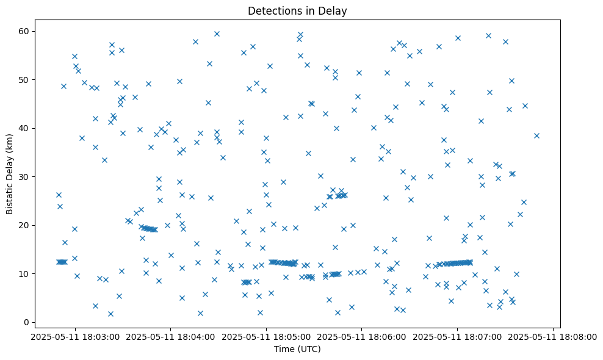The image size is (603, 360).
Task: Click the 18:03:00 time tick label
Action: pos(75,336)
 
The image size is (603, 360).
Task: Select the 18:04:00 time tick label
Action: pos(171,336)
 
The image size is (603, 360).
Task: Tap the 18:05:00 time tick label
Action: pos(266,336)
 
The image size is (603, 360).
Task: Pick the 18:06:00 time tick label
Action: pos(362,336)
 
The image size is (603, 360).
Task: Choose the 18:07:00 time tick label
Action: pos(458,336)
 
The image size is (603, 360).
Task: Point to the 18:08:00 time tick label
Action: pos(553,336)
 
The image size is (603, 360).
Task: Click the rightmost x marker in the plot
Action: pos(536,135)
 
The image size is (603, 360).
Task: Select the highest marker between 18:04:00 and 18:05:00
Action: pos(217,34)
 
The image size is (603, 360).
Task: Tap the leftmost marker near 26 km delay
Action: pos(59,195)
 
